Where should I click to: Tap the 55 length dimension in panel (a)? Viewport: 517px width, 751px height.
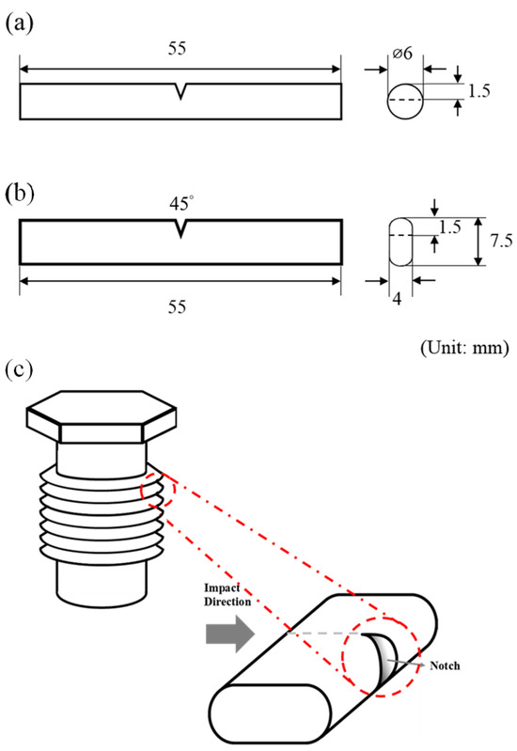tap(180, 52)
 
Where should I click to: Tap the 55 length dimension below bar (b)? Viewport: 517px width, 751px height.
tap(180, 306)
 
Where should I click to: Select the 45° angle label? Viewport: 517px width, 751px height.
tap(180, 202)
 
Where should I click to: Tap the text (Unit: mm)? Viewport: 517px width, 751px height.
tap(457, 349)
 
